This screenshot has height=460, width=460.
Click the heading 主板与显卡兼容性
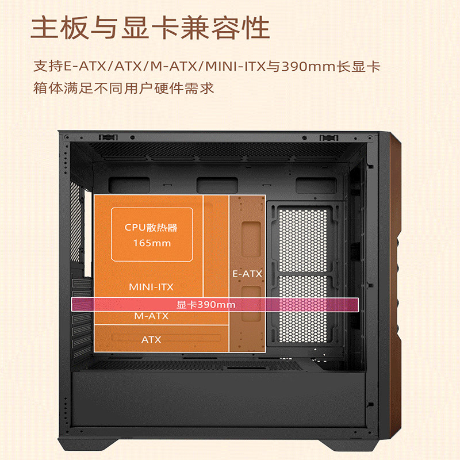[x=150, y=28]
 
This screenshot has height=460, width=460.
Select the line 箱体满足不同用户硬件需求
[x=124, y=89]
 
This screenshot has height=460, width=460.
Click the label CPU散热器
[x=151, y=227]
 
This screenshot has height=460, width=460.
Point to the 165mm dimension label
[x=152, y=243]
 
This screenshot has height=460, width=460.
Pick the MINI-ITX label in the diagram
[x=151, y=286]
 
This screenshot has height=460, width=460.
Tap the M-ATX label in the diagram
[x=151, y=316]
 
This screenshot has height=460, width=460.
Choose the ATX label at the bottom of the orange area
[x=151, y=339]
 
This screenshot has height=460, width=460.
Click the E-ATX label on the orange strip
[x=247, y=274]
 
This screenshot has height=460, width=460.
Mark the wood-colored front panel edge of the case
[x=397, y=287]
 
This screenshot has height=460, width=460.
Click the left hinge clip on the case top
[x=107, y=137]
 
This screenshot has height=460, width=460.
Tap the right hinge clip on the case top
[x=328, y=137]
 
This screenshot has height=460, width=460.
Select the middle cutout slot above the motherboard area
[x=213, y=185]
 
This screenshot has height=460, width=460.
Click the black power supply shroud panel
[x=218, y=397]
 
